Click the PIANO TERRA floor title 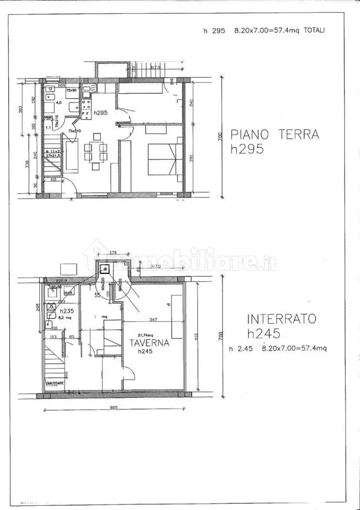point(274,134)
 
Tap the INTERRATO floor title point(281,319)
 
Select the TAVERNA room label point(149,342)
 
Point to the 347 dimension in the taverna point(153,319)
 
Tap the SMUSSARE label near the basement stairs point(56,383)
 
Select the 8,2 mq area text point(65,318)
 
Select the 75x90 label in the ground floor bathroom point(71,90)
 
